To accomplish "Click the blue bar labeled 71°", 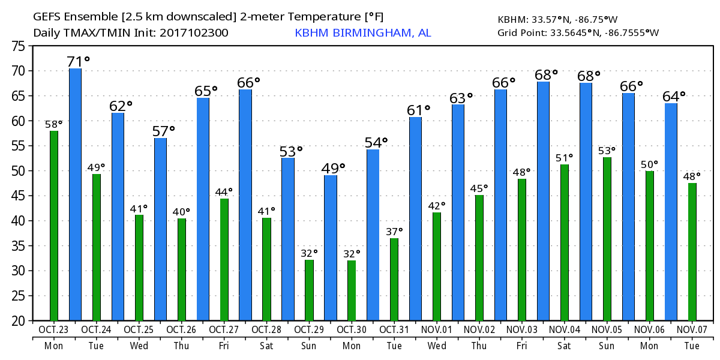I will [x=75, y=194].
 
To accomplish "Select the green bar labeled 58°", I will [x=54, y=226].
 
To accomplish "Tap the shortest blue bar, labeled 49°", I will [x=331, y=248].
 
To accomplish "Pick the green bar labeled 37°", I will [x=394, y=280].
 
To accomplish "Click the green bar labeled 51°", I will [x=564, y=242].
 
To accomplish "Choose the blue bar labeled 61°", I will [x=415, y=219].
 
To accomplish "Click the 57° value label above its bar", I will [x=163, y=131].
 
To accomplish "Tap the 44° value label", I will [x=223, y=192].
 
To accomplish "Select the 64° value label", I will [x=674, y=97].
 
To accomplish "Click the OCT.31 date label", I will [x=394, y=329].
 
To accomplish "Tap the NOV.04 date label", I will [x=565, y=329].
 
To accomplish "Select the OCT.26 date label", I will [x=181, y=329].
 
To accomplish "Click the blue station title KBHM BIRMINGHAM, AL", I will [x=362, y=33].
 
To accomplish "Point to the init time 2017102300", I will [x=194, y=33].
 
